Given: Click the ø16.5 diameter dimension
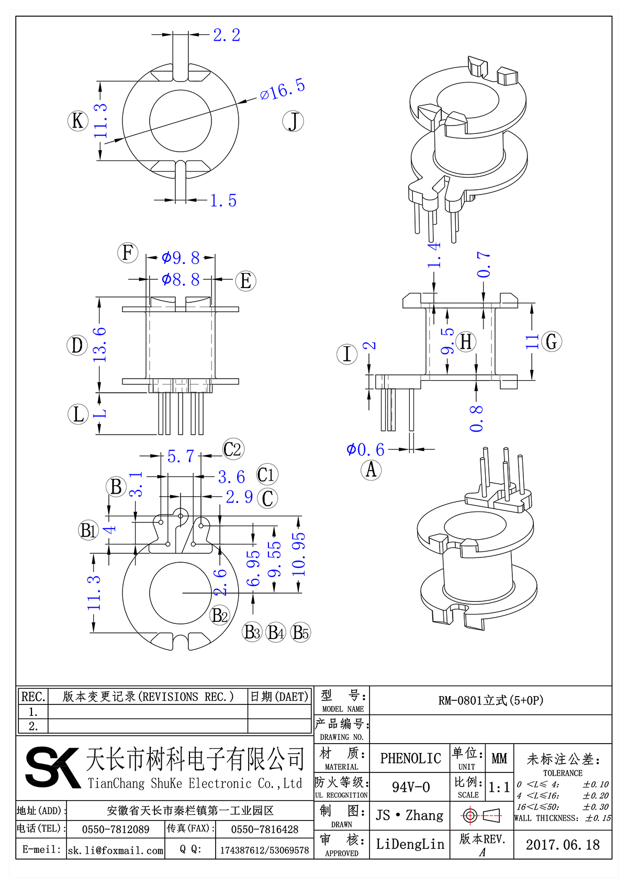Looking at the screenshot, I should tap(283, 89).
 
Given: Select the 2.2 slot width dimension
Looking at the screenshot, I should tap(227, 35).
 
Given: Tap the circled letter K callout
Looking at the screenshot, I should tap(77, 121).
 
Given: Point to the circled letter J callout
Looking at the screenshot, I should tap(293, 121).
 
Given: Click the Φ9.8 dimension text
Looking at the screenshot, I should tap(181, 258).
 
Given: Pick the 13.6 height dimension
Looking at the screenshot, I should tap(99, 345).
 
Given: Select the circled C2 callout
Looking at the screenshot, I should tap(233, 449).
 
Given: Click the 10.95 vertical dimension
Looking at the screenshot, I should tap(298, 554).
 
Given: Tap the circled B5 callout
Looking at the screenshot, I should tap(300, 632).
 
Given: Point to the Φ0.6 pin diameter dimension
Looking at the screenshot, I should tap(365, 449).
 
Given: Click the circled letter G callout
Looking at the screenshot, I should tap(551, 341).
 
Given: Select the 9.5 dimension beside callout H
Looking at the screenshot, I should tap(447, 341).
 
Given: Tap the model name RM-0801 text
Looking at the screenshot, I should tap(490, 700).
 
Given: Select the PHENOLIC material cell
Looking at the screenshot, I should tap(410, 758).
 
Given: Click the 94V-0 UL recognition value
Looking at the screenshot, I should tap(410, 787).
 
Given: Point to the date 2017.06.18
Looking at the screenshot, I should tap(563, 845).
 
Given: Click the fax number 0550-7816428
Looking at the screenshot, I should tap(264, 829).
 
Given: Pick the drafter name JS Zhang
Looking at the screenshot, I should tap(409, 815).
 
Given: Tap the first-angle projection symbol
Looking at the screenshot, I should tap(481, 815).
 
